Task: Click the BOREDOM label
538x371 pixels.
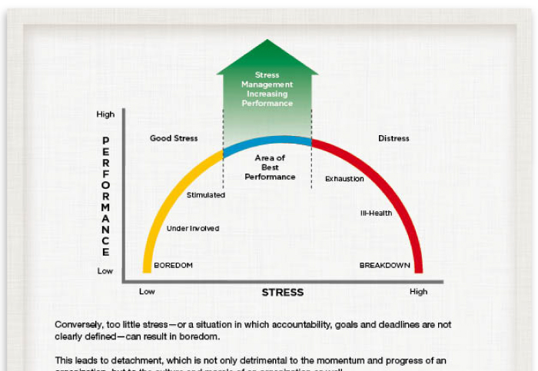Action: pos(173,265)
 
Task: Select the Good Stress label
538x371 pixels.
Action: pos(174,138)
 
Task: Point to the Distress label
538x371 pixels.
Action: pos(394,138)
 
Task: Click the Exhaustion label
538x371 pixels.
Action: pos(344,179)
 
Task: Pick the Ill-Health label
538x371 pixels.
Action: pos(377,213)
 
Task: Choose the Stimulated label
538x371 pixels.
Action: pos(206,195)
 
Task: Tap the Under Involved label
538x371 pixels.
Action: pos(193,228)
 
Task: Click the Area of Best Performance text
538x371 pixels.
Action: pos(270,167)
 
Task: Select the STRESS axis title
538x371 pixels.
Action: pos(282,292)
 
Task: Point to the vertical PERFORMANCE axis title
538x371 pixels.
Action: pos(105,197)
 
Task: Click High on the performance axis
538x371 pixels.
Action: pos(105,114)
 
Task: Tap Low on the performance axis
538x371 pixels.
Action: pos(105,271)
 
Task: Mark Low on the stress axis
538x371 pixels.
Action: pos(147,292)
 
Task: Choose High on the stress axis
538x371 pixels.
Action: pos(418,292)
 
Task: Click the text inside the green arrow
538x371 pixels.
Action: pos(267,89)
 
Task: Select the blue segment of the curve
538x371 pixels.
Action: pos(267,140)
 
